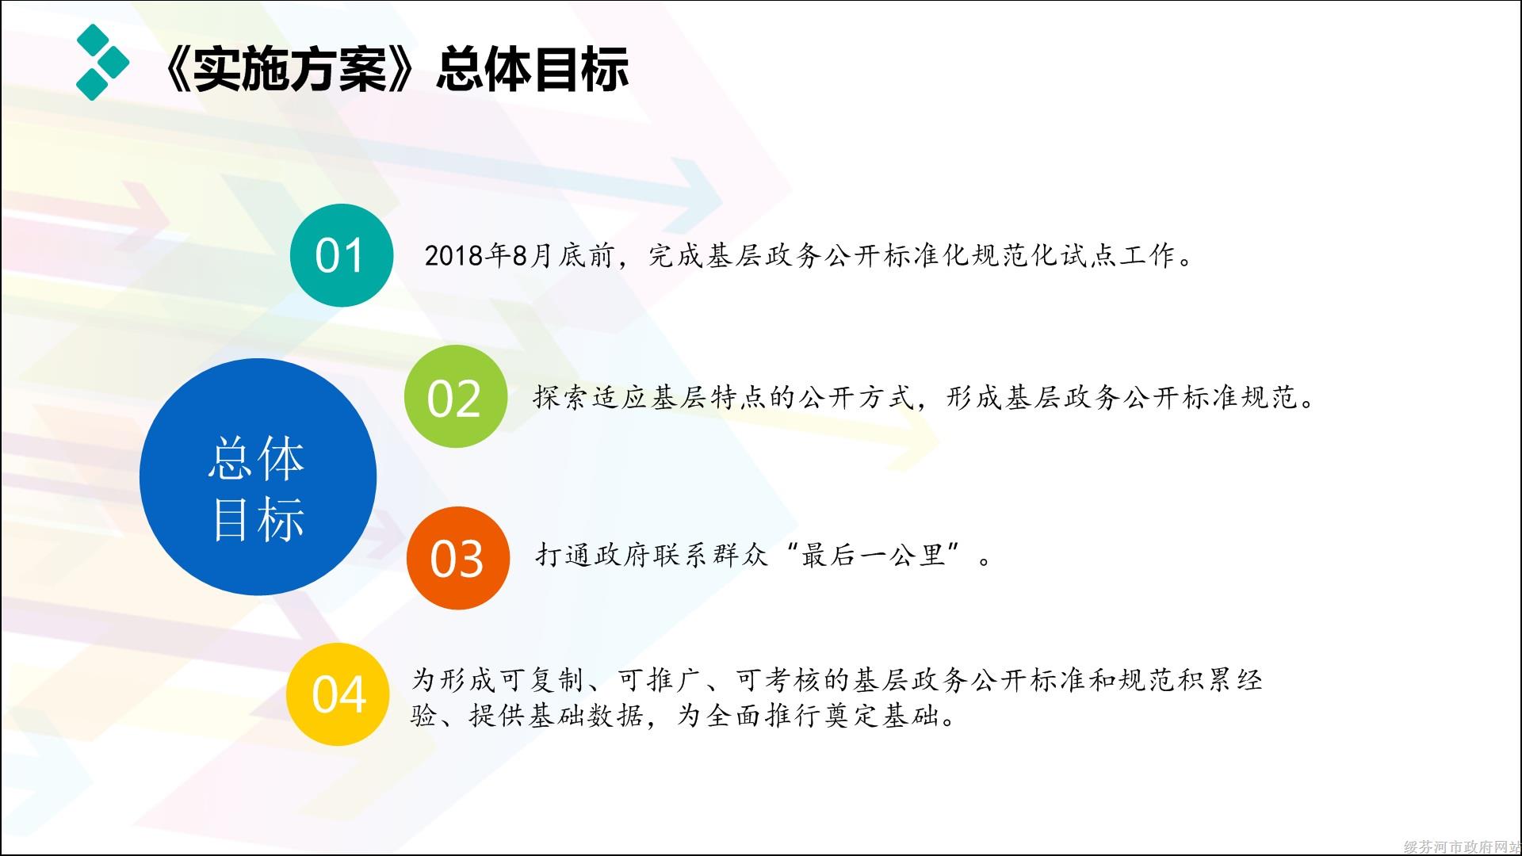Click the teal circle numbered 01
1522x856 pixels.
click(x=342, y=255)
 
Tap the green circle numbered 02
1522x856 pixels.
click(x=455, y=396)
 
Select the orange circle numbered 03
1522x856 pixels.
click(x=458, y=558)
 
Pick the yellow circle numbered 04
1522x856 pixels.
click(x=338, y=694)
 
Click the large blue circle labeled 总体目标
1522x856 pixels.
click(x=258, y=477)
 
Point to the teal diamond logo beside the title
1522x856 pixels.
click(x=102, y=62)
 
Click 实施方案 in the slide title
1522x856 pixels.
click(x=289, y=68)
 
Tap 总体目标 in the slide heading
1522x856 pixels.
click(x=533, y=68)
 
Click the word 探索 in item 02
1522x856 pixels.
click(x=561, y=397)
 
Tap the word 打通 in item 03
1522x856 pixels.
click(x=564, y=555)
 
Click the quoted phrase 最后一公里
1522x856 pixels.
click(x=874, y=555)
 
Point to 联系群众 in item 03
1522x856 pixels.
click(x=710, y=555)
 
